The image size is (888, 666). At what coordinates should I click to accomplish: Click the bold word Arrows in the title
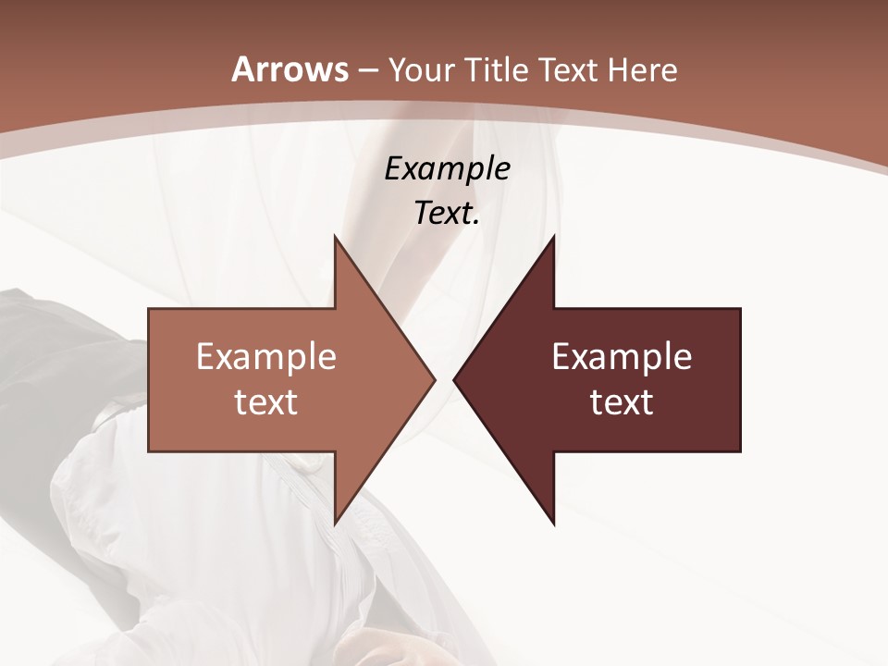click(290, 69)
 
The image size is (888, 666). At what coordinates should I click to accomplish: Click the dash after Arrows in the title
click(367, 70)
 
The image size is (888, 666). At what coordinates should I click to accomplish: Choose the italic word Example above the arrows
click(448, 169)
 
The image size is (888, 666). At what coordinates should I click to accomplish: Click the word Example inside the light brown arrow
click(266, 356)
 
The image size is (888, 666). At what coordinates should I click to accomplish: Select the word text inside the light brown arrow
click(266, 401)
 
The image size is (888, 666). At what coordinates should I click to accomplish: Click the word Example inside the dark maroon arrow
click(622, 356)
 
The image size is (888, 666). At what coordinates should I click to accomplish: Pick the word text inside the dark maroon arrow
click(622, 401)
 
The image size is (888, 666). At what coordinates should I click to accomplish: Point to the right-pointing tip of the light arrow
click(436, 379)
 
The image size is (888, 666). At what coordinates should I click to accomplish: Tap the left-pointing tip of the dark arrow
click(454, 379)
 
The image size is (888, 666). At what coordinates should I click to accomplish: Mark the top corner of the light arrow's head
click(335, 236)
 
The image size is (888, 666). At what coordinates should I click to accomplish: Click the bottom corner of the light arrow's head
click(335, 524)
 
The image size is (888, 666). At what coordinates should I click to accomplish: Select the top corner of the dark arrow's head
click(554, 236)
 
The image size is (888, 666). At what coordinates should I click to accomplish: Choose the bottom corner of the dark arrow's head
click(554, 524)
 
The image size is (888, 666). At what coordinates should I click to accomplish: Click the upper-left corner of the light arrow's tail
click(149, 308)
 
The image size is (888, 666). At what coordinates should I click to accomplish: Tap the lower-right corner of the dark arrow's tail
click(741, 451)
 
